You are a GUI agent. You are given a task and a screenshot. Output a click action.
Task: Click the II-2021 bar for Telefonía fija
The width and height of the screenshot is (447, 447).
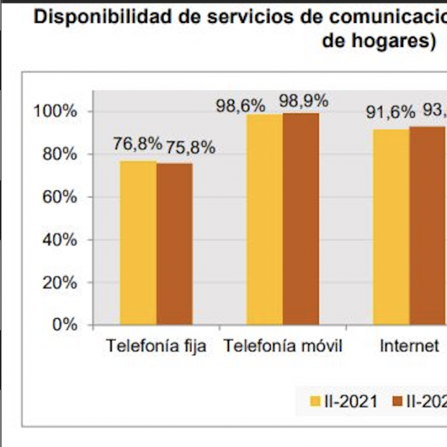click(x=138, y=243)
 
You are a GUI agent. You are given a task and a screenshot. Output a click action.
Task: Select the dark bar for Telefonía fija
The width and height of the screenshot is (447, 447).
click(x=174, y=244)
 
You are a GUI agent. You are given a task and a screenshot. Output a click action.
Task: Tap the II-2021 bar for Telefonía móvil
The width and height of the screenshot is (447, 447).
click(x=264, y=220)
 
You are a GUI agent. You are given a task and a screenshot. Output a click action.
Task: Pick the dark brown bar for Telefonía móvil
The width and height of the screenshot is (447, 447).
click(x=301, y=219)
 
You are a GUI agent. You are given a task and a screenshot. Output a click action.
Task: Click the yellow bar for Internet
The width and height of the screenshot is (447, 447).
click(x=391, y=227)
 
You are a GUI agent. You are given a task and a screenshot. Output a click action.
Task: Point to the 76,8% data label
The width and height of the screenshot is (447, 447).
click(x=137, y=144)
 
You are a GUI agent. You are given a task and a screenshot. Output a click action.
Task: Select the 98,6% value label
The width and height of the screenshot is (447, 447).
click(x=240, y=105)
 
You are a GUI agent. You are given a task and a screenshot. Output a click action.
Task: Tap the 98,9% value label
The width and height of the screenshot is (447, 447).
click(x=303, y=101)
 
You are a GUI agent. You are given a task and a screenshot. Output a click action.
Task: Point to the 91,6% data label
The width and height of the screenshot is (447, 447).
click(x=391, y=112)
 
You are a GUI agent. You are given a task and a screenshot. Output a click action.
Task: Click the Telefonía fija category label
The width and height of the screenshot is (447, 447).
click(x=156, y=346)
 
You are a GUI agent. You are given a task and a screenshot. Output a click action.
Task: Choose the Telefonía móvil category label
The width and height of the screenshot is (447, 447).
click(x=283, y=346)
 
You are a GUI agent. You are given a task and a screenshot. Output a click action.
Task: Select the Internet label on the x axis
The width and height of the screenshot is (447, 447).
click(x=409, y=346)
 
